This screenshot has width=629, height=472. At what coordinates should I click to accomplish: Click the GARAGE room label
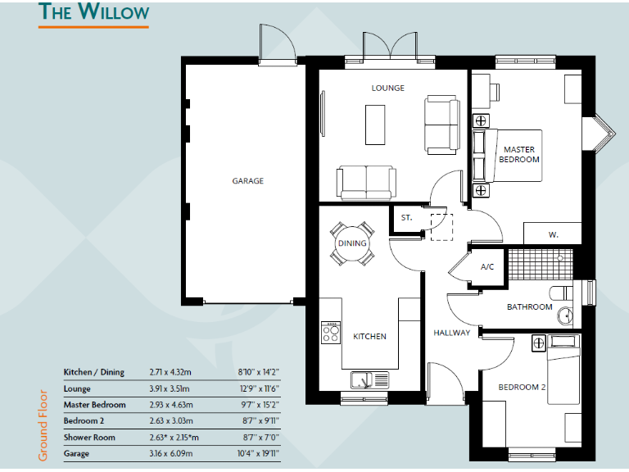(247, 181)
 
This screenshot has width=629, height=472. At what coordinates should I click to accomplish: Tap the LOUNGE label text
(387, 88)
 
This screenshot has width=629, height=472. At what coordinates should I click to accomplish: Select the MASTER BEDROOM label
(519, 154)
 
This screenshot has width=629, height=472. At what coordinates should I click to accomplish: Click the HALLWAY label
(452, 333)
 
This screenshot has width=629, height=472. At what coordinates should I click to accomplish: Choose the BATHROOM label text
(530, 307)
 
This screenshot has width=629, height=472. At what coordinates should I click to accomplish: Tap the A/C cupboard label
(487, 267)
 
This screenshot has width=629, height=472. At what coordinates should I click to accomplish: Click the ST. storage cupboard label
(406, 218)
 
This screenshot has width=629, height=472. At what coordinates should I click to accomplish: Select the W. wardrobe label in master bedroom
(554, 234)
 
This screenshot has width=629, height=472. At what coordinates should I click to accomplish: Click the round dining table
(352, 243)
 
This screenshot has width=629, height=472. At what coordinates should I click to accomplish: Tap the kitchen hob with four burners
(331, 332)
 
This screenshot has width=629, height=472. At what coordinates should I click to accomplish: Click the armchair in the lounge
(442, 123)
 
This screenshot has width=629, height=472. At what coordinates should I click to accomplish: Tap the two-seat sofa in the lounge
(365, 181)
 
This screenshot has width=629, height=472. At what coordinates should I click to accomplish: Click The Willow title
(94, 12)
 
